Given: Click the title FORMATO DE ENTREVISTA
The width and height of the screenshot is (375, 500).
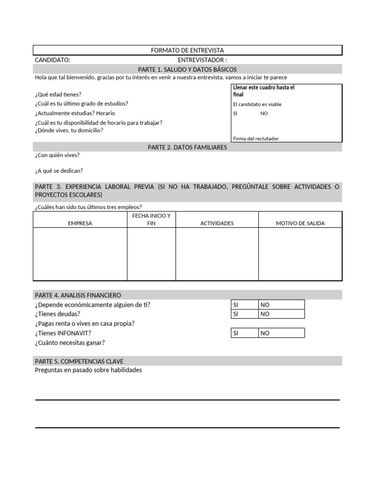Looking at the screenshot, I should (187, 50).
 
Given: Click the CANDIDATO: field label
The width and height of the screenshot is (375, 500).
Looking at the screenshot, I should (52, 60).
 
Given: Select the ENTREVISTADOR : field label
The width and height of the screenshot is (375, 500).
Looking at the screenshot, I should (202, 60).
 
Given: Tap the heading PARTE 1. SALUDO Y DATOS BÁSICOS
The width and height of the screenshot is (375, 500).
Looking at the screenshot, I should (187, 69).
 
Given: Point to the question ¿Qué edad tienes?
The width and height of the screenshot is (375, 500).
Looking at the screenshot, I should (58, 94).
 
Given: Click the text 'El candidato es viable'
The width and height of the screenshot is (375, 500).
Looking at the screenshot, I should (257, 104).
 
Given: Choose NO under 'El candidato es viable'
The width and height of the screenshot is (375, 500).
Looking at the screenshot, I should (264, 113).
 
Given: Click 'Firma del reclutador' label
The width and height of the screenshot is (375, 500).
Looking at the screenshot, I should (256, 139).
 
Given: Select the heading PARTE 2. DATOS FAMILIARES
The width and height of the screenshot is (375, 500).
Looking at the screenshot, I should (187, 147).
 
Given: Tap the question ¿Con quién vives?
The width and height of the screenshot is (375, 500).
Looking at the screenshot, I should (57, 155).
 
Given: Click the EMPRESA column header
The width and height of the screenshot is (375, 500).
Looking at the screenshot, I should (80, 223).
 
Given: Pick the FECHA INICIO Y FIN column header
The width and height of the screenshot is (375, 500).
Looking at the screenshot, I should (151, 219).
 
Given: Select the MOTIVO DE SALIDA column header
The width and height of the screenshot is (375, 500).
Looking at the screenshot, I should (300, 223).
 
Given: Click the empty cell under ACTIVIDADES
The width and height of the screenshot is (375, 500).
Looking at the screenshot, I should (217, 254).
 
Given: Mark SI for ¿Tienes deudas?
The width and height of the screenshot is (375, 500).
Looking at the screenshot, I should (245, 314).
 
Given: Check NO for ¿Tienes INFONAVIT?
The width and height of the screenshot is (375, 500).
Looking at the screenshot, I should (281, 333).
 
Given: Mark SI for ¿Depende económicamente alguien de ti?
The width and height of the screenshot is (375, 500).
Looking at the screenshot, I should (245, 305).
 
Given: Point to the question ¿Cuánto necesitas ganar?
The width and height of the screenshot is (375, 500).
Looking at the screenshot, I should (70, 342).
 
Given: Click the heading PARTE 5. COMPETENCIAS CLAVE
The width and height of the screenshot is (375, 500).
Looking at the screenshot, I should (79, 361).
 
